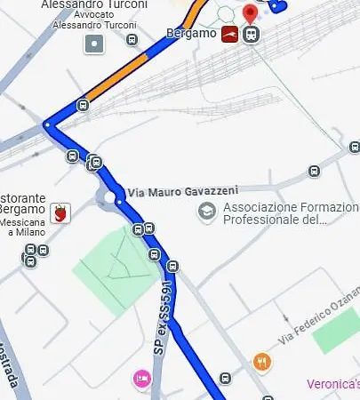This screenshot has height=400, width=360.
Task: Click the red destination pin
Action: pos(250,13)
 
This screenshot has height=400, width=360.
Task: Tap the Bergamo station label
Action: pos(192,34)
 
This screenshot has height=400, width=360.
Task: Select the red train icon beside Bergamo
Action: pos(231,35)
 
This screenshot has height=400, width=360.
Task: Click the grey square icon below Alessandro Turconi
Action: pos(94,43)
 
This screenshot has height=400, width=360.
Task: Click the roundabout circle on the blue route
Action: pos(111,198)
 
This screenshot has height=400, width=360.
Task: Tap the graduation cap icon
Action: pos(207,212)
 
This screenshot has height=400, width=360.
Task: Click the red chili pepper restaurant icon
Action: pos(60,212)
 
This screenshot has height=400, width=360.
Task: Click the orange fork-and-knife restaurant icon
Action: pos(261,362)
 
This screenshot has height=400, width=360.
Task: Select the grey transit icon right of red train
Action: pos(252,35)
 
